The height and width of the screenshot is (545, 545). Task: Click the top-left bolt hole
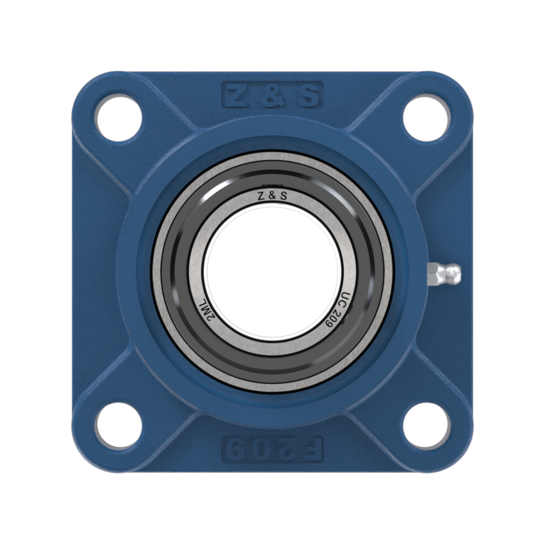[119, 119]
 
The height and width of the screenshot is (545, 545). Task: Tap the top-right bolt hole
[426, 119]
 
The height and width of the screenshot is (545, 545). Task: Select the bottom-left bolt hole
[119, 426]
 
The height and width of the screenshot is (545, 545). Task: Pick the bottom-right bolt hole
[426, 426]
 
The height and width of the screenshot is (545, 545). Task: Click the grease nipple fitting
[444, 273]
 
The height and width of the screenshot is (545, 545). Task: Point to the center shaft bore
[272, 272]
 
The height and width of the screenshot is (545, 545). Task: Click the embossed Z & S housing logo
[272, 94]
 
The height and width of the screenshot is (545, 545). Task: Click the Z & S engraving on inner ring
[272, 196]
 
